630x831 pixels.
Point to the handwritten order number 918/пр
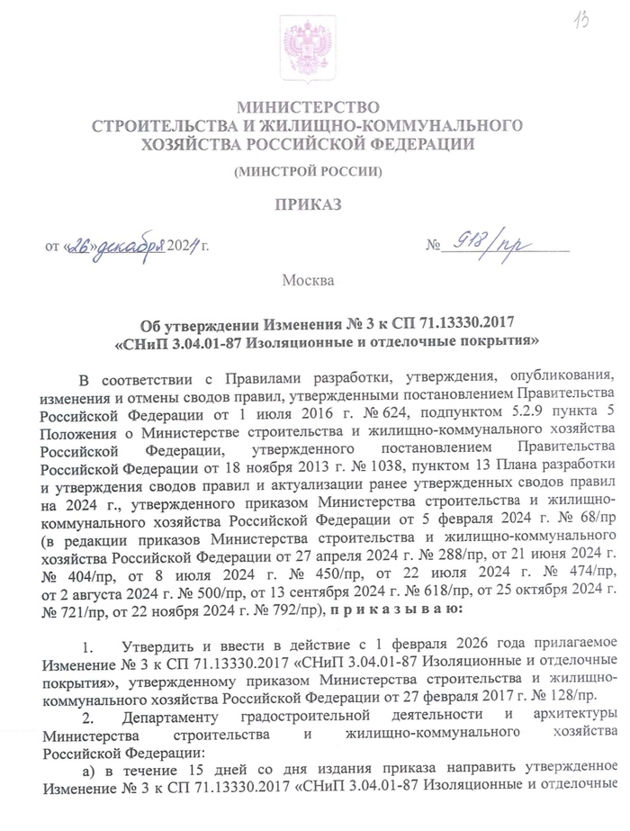pyautogui.click(x=483, y=242)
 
